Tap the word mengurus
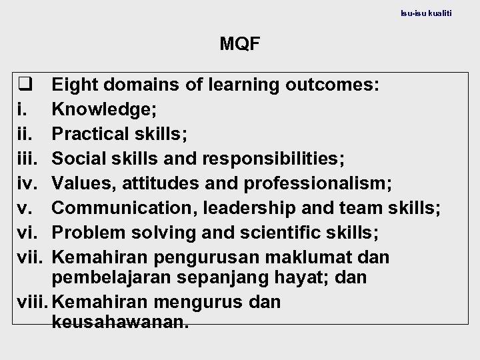tap(195, 302)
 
